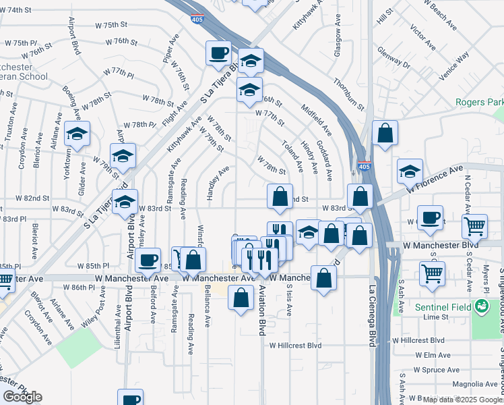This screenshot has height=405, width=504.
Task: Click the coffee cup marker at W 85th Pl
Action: coord(148,260)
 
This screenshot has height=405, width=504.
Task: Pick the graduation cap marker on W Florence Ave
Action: coord(410,171)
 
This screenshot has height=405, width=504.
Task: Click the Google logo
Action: coord(23,397)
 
